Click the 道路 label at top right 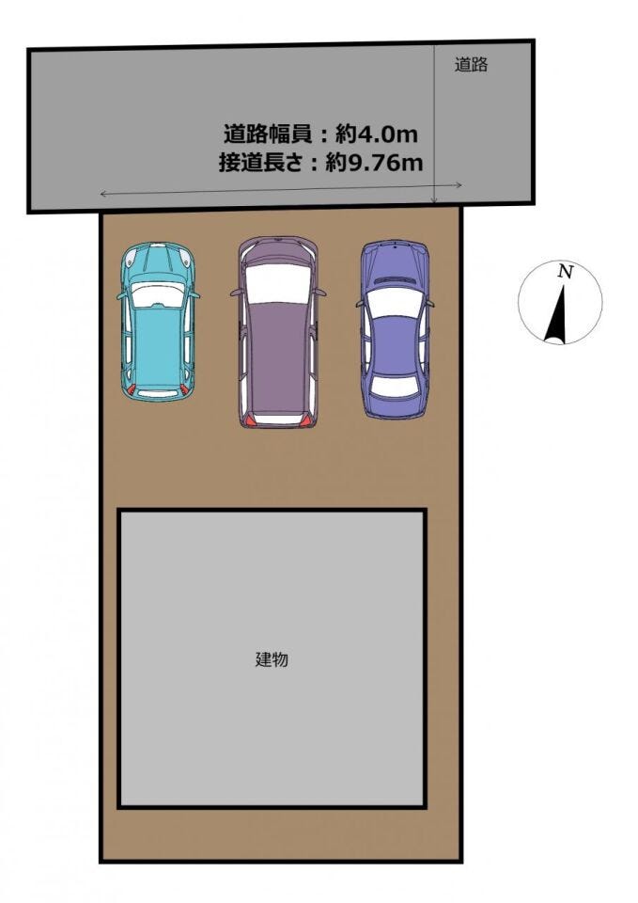tap(471, 66)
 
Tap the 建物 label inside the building tap(272, 659)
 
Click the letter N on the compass tap(565, 272)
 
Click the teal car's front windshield tap(158, 296)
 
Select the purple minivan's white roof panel tap(277, 284)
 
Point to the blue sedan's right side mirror tap(431, 303)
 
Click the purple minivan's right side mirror tap(322, 293)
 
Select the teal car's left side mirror tap(120, 295)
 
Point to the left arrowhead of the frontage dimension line tap(102, 194)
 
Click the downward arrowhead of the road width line tap(434, 199)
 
